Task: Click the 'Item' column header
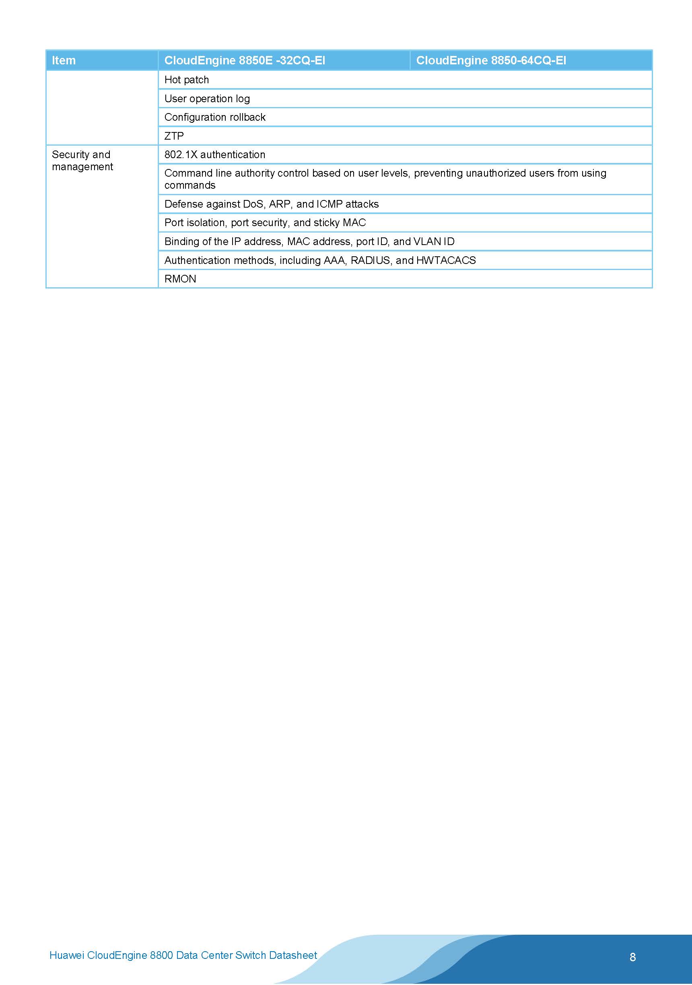(x=64, y=60)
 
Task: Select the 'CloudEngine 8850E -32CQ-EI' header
(x=245, y=60)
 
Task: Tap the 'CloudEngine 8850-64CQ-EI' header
(x=491, y=60)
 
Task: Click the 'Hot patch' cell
(x=187, y=80)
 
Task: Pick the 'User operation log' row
(x=207, y=99)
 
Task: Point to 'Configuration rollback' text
(x=215, y=117)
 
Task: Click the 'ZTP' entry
(x=174, y=136)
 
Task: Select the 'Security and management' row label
(x=82, y=161)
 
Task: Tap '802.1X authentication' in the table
(x=214, y=155)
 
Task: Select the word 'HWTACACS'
(x=446, y=260)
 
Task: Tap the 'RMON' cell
(x=180, y=279)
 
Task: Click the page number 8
(x=632, y=957)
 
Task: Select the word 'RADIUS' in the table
(x=370, y=260)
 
